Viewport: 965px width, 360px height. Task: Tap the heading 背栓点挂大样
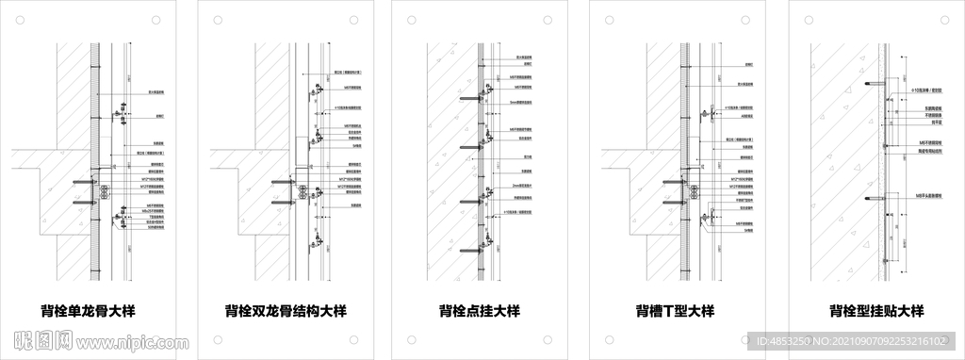tap(480, 311)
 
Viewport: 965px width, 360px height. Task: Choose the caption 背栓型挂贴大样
tap(875, 311)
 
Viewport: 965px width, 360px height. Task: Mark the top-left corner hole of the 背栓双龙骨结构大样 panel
tap(218, 19)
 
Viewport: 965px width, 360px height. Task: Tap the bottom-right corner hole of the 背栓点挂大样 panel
tap(548, 340)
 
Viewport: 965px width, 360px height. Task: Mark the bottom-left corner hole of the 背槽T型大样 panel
tap(610, 340)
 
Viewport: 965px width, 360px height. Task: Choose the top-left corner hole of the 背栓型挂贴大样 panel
tap(808, 19)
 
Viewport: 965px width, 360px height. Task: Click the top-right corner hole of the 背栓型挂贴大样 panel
tap(943, 19)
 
